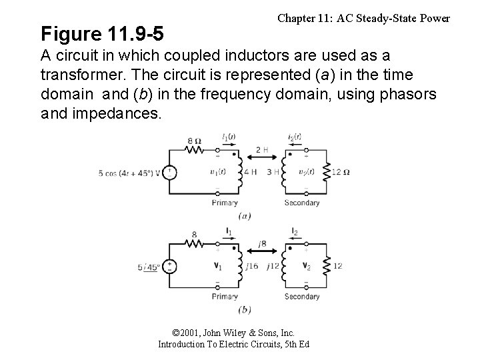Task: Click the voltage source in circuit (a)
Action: pos(171,173)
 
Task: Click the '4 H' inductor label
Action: pos(249,173)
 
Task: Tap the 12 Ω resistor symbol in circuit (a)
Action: pos(327,173)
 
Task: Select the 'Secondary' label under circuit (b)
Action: pos(302,296)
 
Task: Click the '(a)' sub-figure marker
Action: pos(245,215)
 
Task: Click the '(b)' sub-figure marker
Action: pos(245,309)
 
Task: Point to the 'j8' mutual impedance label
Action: pos(263,243)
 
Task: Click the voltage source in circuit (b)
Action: pos(171,267)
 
